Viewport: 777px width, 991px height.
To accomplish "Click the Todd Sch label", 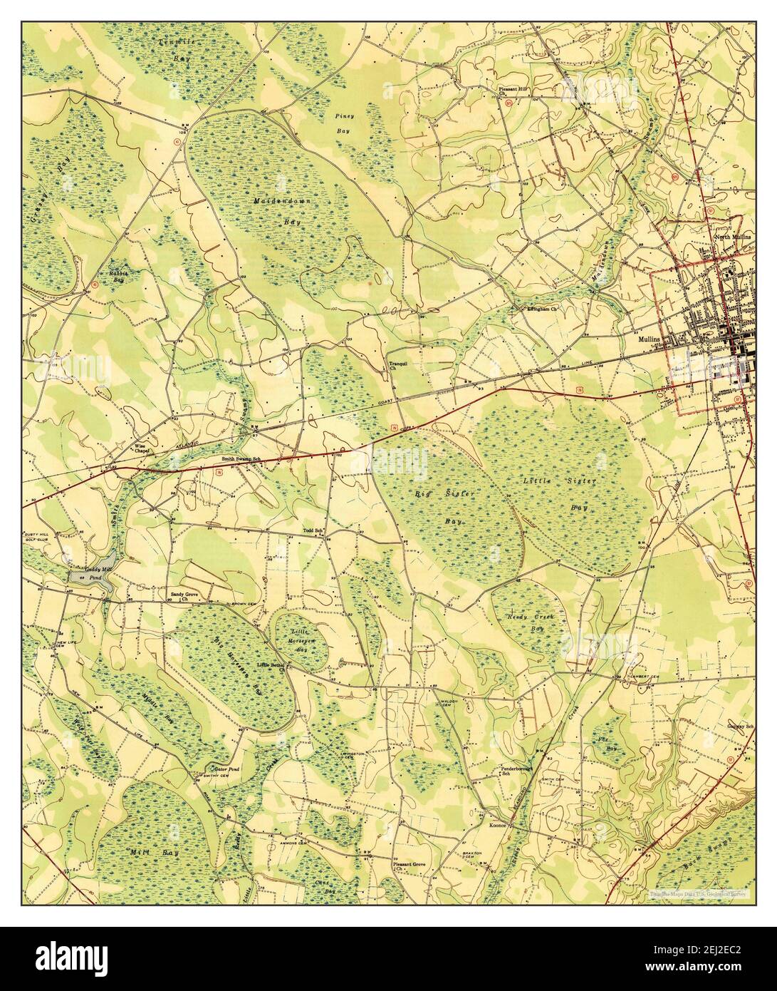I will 313,530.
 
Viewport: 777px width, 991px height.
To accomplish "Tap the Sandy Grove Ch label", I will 183,596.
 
